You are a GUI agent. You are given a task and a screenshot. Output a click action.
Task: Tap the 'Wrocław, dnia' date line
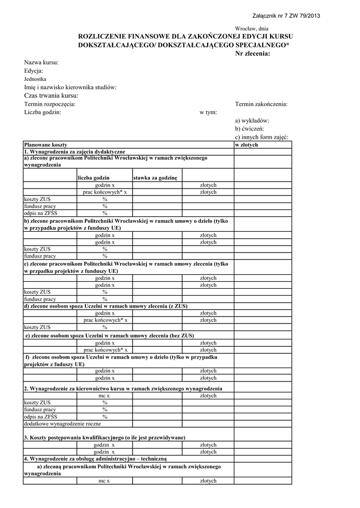(252, 29)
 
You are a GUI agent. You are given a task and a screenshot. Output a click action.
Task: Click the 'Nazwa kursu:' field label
(42, 63)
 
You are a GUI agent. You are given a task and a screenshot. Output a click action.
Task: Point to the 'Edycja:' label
(34, 71)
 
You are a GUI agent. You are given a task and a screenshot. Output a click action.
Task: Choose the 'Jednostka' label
(35, 79)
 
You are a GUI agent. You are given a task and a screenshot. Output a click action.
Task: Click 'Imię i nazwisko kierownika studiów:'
(70, 87)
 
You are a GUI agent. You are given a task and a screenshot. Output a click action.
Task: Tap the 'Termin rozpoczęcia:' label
(50, 104)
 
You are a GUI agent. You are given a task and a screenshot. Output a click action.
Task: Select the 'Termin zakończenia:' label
(261, 104)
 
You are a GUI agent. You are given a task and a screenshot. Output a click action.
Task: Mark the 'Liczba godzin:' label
(43, 113)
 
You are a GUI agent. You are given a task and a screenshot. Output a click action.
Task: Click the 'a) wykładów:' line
(252, 121)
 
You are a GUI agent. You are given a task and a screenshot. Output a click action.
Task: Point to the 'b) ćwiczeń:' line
(250, 128)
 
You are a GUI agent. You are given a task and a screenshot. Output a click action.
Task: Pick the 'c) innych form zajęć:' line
(262, 137)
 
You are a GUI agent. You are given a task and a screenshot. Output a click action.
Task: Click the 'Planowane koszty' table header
(46, 144)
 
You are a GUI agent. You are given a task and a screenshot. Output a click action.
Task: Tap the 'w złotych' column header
(246, 144)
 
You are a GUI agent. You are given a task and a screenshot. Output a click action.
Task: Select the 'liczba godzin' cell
(93, 177)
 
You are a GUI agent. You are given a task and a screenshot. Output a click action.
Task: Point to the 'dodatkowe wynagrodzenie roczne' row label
(63, 424)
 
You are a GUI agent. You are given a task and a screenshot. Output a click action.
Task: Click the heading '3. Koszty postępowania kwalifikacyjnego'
(105, 438)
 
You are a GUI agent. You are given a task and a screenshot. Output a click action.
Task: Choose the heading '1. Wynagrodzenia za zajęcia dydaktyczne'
(74, 151)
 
